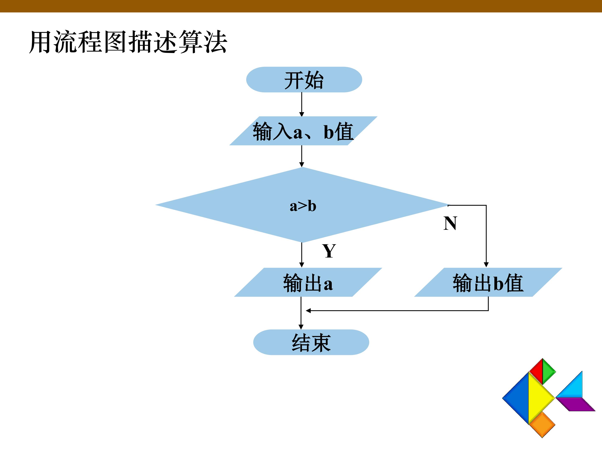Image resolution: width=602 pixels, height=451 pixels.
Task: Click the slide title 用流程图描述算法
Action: coord(128,42)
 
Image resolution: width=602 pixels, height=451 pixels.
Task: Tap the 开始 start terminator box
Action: coord(304,80)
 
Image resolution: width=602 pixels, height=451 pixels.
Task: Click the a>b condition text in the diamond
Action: coord(303,206)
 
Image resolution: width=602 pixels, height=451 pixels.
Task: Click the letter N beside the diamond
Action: coord(450,223)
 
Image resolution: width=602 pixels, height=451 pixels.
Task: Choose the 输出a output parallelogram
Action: coord(308,282)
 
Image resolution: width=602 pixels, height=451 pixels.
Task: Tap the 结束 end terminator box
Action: coord(311,342)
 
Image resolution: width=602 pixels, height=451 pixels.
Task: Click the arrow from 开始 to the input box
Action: coord(302,105)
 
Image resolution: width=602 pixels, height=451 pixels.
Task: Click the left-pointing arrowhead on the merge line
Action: coord(308,310)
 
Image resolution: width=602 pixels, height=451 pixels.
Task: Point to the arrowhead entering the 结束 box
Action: coord(301,327)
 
